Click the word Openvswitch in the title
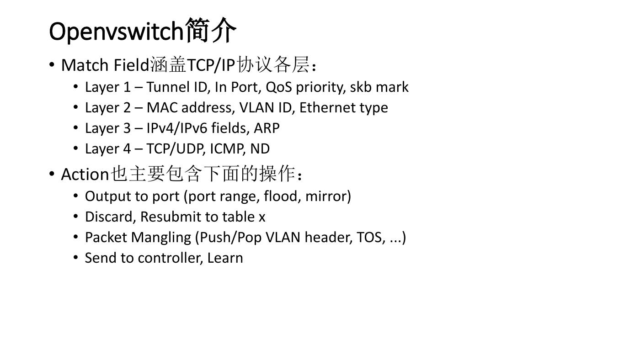point(116,32)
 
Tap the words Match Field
point(105,65)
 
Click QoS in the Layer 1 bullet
point(278,87)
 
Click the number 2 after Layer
point(127,108)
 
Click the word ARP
point(267,128)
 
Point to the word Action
point(85,175)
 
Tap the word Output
point(108,196)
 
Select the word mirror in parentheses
point(325,196)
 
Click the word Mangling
point(161,238)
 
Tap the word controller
point(170,258)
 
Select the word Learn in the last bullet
point(225,258)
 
